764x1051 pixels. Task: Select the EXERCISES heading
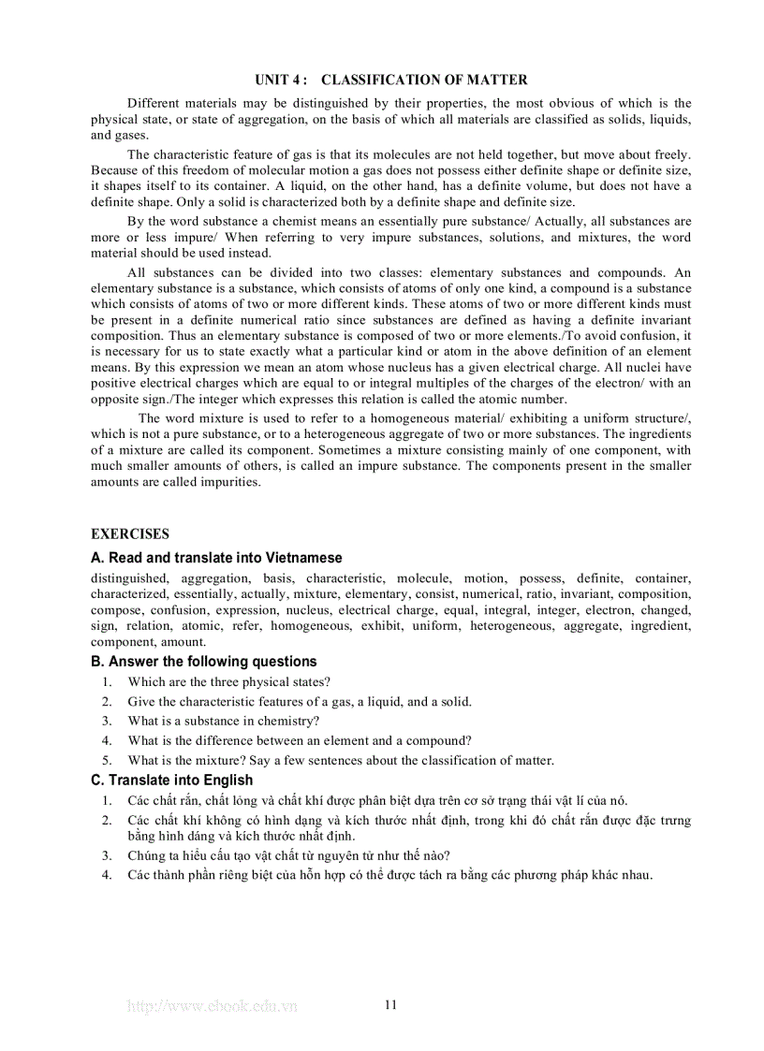130,534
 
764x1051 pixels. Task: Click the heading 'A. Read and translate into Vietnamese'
216,558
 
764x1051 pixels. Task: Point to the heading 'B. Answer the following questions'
203,662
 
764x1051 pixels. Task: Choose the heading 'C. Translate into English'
171,780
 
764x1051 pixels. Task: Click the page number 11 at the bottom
390,1005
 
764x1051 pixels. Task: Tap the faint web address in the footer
212,1006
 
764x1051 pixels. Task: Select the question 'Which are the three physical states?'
228,682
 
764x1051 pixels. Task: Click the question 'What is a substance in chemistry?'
224,721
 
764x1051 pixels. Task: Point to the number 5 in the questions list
107,760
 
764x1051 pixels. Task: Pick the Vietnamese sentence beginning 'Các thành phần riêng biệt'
389,875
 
